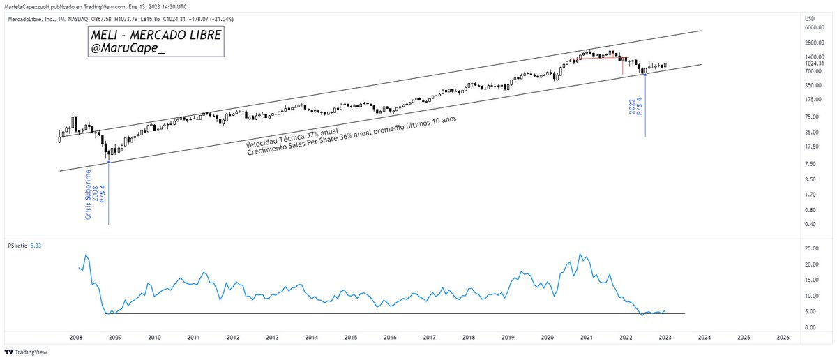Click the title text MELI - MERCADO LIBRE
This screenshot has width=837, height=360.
[x=156, y=36]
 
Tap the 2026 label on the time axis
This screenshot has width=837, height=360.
[x=783, y=337]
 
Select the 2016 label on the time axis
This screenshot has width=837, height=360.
[x=390, y=337]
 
